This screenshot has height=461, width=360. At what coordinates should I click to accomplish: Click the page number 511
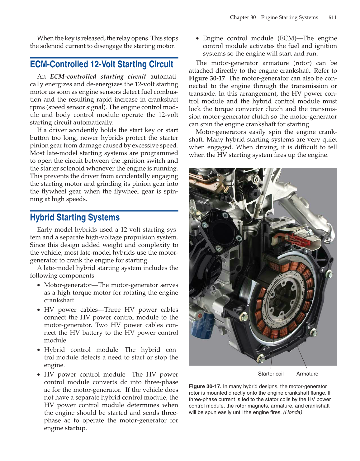(x=332, y=17)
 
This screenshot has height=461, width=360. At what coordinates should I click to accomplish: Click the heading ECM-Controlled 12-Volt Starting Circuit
(x=102, y=64)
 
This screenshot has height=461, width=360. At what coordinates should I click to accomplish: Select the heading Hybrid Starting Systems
(x=75, y=217)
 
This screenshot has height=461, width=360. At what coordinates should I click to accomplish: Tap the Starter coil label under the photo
(x=271, y=374)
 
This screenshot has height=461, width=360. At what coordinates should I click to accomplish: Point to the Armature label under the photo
(x=307, y=374)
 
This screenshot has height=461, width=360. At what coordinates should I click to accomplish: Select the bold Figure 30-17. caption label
(x=205, y=387)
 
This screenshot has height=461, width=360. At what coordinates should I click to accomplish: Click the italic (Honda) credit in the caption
(x=292, y=412)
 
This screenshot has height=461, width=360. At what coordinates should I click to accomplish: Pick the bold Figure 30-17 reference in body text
(x=207, y=78)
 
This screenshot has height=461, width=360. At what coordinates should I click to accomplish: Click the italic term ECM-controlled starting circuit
(x=98, y=76)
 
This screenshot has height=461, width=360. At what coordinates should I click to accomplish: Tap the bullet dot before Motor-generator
(x=39, y=285)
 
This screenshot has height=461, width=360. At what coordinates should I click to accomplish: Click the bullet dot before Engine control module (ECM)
(x=197, y=39)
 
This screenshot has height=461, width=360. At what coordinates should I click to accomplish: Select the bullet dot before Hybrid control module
(x=39, y=350)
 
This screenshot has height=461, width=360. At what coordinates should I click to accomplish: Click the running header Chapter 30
(x=243, y=17)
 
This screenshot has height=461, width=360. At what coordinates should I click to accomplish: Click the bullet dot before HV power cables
(x=39, y=310)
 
